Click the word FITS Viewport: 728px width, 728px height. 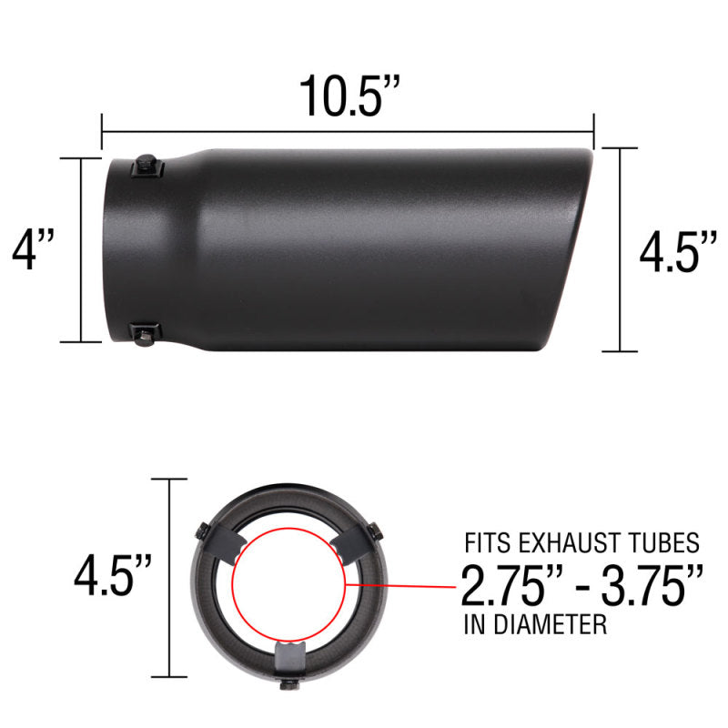(487, 544)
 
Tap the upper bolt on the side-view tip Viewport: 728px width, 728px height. (146, 167)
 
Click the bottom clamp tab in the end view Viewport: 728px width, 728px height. (289, 655)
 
